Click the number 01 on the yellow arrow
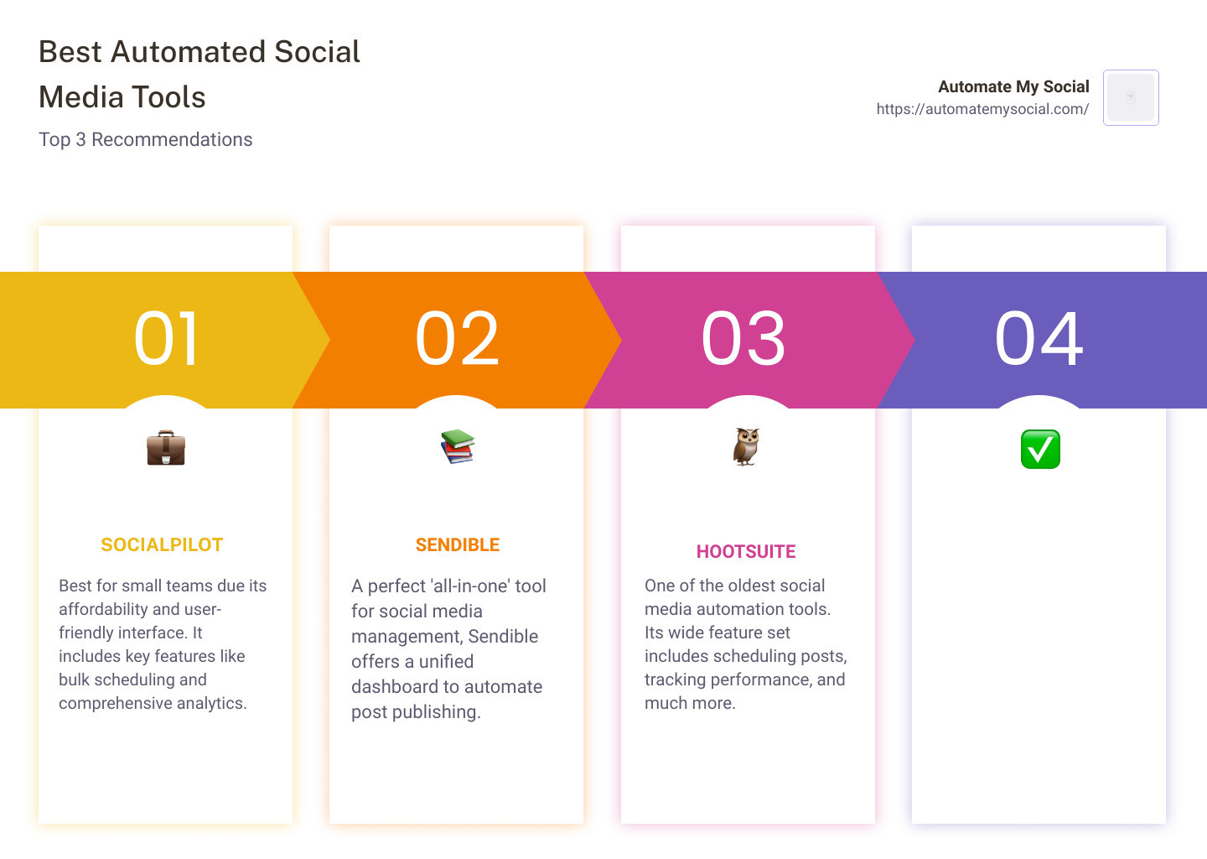166,339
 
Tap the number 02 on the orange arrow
457,339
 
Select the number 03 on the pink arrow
743,339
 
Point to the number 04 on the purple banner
1039,339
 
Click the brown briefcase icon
166,449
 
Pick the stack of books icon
458,446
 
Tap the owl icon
746,446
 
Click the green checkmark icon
1040,450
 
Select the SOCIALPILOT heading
162,545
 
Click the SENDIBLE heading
458,545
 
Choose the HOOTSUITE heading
746,552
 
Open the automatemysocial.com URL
982,109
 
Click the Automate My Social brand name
1013,86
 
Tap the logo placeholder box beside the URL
1131,97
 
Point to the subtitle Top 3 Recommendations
146,139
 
